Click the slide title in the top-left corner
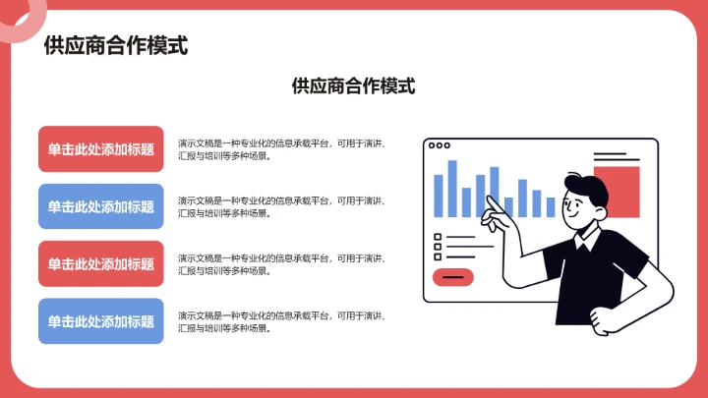pos(116,45)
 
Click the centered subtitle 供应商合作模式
pos(354,86)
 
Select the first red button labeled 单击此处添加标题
pos(101,149)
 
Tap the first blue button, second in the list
pos(101,206)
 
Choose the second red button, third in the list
pos(101,263)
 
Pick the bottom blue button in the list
pos(101,321)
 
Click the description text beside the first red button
pos(280,149)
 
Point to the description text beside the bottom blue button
pos(280,321)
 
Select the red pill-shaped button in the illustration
pos(452,277)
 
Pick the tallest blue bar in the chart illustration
pos(452,188)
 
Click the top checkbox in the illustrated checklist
pos(438,237)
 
